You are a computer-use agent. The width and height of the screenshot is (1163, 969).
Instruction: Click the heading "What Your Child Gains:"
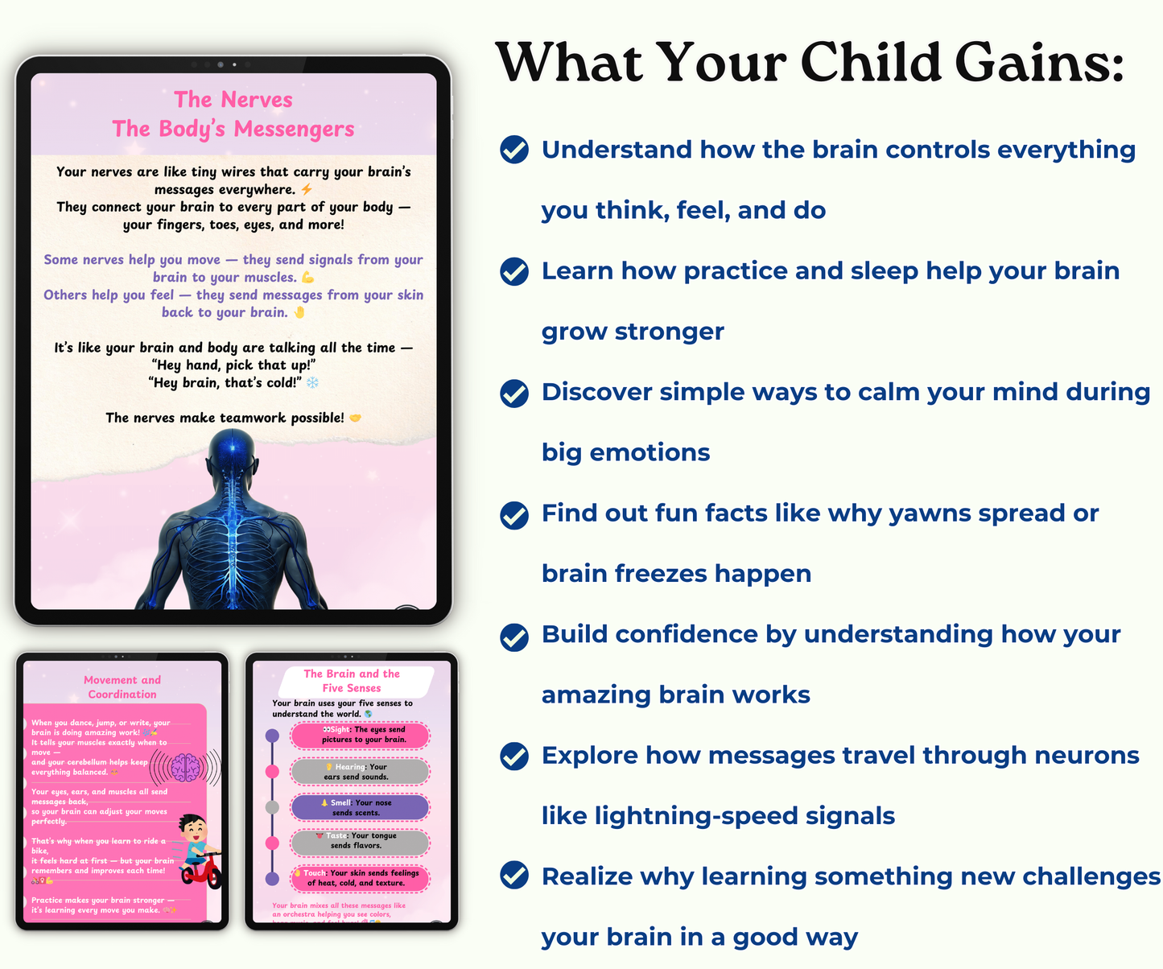click(x=810, y=63)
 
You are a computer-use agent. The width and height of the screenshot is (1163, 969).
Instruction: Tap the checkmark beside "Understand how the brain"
click(x=514, y=150)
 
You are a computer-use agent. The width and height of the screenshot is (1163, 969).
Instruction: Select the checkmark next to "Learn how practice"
click(x=514, y=271)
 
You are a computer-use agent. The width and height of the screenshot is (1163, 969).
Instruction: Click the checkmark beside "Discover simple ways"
click(x=514, y=393)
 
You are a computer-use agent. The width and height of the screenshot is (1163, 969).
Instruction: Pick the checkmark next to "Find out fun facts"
click(x=514, y=514)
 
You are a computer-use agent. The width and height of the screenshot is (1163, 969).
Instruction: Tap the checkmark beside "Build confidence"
click(x=514, y=636)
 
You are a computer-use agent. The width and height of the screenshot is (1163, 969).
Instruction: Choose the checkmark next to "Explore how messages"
click(x=514, y=757)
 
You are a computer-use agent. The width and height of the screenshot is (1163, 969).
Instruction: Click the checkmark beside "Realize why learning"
click(x=514, y=875)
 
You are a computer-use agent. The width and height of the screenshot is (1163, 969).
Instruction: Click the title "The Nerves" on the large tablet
click(x=233, y=100)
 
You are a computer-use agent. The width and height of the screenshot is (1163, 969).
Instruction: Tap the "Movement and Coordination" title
click(x=122, y=687)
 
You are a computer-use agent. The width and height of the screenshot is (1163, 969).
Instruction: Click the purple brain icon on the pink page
click(x=185, y=767)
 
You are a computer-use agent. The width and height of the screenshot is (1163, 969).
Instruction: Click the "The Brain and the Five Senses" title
click(x=352, y=681)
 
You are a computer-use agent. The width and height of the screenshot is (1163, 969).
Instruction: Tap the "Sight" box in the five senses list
click(x=361, y=735)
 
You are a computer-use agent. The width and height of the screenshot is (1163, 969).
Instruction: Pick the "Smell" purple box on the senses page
click(x=361, y=807)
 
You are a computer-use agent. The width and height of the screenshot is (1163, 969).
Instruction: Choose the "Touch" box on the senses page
click(x=361, y=878)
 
